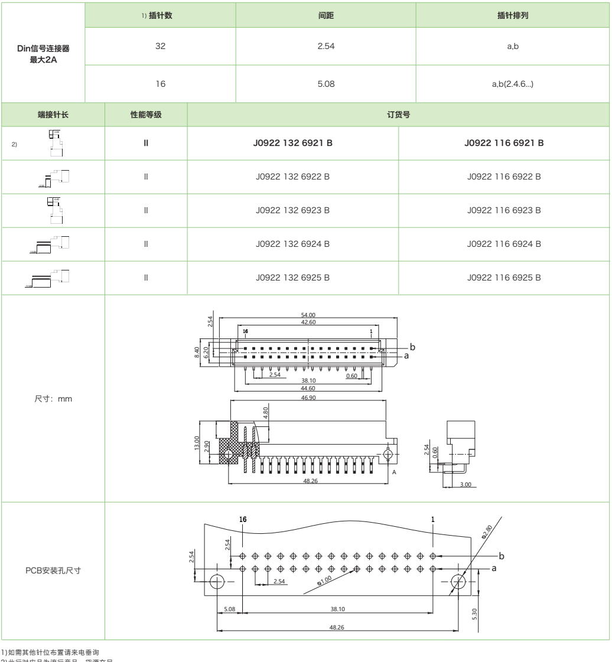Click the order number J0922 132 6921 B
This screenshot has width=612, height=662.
pos(293,142)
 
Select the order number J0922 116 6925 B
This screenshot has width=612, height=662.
pos(504,277)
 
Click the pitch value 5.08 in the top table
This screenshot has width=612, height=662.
pos(327,84)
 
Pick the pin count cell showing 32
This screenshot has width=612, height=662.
pos(160,47)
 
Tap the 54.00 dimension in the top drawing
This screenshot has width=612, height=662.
pos(305,315)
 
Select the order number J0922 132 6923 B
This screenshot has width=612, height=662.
pos(293,210)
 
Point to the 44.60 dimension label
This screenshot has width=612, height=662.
pos(307,388)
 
